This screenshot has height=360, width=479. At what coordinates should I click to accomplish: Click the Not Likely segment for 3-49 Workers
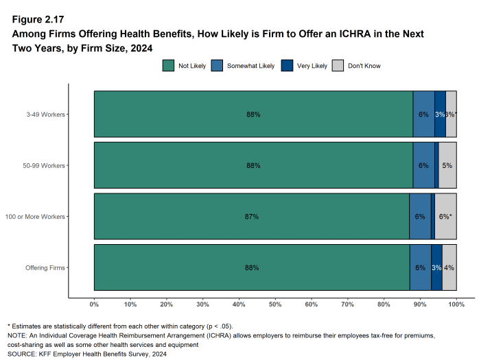click(253, 115)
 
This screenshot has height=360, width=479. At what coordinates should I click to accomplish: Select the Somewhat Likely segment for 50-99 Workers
click(423, 165)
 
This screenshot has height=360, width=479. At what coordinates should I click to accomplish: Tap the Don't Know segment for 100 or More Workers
click(445, 216)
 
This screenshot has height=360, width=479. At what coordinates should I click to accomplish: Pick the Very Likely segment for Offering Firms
click(436, 267)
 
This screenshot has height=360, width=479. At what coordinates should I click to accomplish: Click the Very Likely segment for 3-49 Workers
click(440, 115)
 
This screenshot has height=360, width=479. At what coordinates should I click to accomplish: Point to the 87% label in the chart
click(252, 217)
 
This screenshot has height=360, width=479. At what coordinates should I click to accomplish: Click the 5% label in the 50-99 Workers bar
click(447, 166)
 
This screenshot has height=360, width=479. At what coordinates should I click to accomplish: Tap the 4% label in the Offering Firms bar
click(449, 267)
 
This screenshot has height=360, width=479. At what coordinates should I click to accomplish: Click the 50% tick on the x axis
click(275, 304)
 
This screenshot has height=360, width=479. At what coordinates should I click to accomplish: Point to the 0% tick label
click(94, 304)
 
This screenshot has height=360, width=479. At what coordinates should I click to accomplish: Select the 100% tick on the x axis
click(456, 304)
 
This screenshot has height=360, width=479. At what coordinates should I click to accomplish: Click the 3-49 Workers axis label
click(46, 115)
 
